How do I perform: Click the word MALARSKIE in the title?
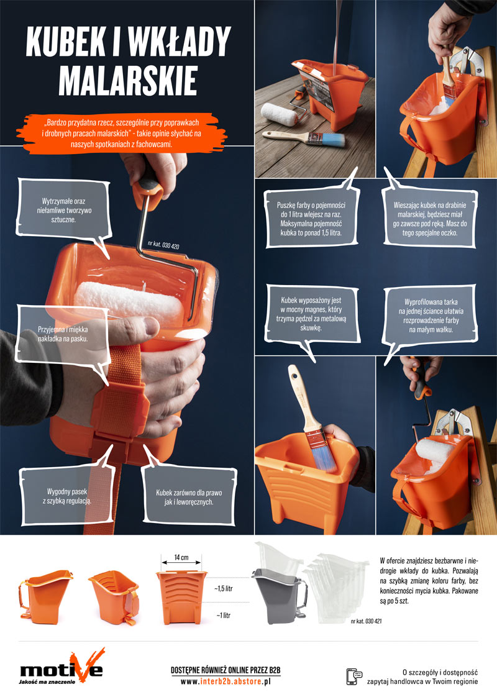pyautogui.click(x=127, y=81)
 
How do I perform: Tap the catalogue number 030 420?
pyautogui.click(x=164, y=245)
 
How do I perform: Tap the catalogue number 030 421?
pyautogui.click(x=367, y=621)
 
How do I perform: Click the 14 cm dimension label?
pyautogui.click(x=181, y=557)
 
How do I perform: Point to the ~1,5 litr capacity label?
pyautogui.click(x=224, y=588)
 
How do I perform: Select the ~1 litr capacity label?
pyautogui.click(x=224, y=615)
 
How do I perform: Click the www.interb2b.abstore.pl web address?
pyautogui.click(x=226, y=681)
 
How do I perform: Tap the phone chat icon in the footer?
pyautogui.click(x=354, y=676)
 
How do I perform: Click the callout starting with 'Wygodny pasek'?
pyautogui.click(x=67, y=496)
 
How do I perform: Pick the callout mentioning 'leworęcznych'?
pyautogui.click(x=189, y=497)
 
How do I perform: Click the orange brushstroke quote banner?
pyautogui.click(x=121, y=133)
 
